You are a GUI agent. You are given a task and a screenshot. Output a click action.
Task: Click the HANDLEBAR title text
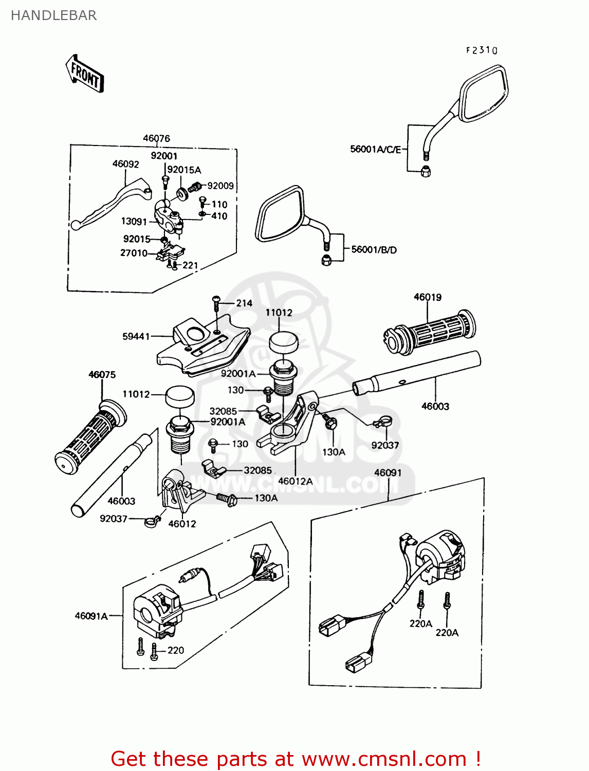pyautogui.click(x=53, y=15)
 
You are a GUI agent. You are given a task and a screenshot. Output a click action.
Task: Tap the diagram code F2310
pyautogui.click(x=482, y=50)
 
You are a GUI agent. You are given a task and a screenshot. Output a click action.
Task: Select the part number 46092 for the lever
pyautogui.click(x=125, y=164)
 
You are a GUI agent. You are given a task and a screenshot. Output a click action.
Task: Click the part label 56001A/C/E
pyautogui.click(x=375, y=149)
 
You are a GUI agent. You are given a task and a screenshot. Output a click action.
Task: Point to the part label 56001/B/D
pyautogui.click(x=374, y=250)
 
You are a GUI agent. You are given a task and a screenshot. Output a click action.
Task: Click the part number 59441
pyautogui.click(x=136, y=336)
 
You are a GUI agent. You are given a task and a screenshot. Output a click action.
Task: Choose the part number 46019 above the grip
pyautogui.click(x=427, y=297)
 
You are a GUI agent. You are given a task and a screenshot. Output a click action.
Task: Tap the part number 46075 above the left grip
pyautogui.click(x=102, y=375)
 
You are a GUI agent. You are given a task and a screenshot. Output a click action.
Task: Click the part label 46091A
pyautogui.click(x=91, y=616)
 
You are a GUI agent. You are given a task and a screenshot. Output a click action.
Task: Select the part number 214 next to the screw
pyautogui.click(x=244, y=303)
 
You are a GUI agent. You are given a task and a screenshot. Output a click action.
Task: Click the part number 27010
pyautogui.click(x=134, y=253)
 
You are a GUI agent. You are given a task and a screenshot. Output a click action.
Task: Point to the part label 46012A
pyautogui.click(x=295, y=481)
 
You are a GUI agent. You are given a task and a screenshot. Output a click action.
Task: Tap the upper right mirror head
pyautogui.click(x=483, y=94)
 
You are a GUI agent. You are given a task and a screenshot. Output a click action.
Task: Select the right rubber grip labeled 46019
pyautogui.click(x=429, y=333)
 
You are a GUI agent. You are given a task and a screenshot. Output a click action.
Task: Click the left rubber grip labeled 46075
pyautogui.click(x=90, y=437)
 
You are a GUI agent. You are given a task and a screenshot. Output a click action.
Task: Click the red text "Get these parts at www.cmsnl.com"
pyautogui.click(x=296, y=759)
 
